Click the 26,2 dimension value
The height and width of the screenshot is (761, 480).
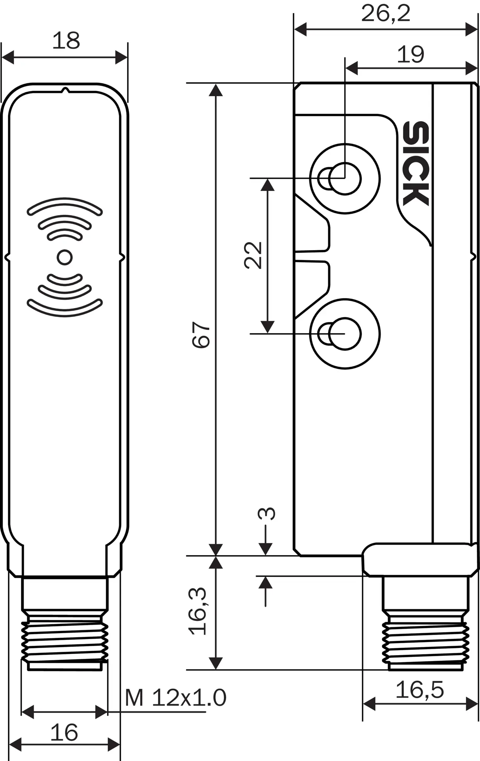tap(386, 14)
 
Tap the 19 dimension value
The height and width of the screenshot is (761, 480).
tap(411, 55)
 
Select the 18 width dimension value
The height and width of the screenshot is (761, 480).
tap(66, 41)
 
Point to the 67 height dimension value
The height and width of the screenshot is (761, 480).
tap(202, 334)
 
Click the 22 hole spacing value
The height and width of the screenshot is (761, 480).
tap(253, 255)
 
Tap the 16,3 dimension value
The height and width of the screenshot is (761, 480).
tap(197, 611)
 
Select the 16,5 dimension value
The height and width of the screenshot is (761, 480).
tap(419, 690)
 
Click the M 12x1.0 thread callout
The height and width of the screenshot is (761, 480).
tap(176, 697)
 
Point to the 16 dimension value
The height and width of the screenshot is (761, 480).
tap(64, 732)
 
